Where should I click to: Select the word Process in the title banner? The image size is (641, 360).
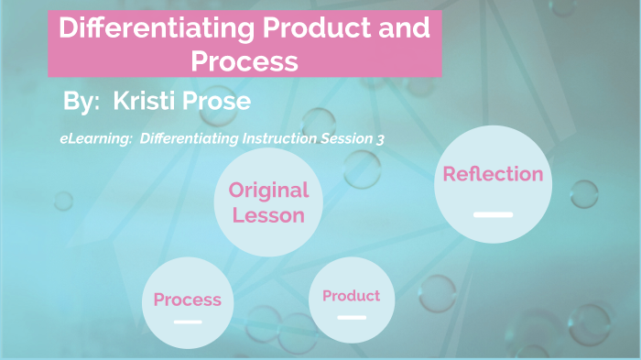(244, 60)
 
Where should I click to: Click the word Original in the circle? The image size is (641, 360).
(268, 191)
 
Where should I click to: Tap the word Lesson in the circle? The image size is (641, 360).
(268, 215)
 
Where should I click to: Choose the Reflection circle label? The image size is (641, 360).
(493, 174)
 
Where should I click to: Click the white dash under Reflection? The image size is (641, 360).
(493, 214)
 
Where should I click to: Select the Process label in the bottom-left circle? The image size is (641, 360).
(187, 300)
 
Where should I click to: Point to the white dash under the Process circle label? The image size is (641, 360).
(187, 322)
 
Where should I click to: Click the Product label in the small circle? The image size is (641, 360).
(351, 296)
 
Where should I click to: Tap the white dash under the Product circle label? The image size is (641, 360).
(351, 318)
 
